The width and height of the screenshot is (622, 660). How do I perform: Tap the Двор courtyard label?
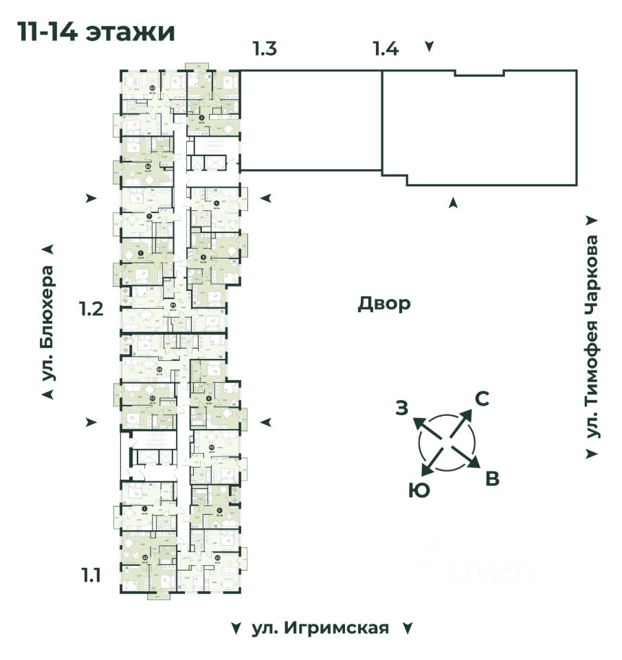click(384, 303)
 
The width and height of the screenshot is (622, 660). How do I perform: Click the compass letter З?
click(402, 408)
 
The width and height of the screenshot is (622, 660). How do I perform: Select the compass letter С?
click(483, 399)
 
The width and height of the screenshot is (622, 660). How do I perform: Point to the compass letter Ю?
click(415, 490)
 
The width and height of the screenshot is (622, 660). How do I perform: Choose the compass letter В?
click(492, 479)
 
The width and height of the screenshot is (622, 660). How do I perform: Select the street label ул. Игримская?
click(320, 628)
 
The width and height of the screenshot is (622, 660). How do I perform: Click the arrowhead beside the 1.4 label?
click(430, 47)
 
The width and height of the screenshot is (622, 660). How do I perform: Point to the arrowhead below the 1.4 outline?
click(453, 202)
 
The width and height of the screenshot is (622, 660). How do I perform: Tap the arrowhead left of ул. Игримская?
click(236, 628)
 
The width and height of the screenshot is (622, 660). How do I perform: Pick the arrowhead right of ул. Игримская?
click(407, 628)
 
